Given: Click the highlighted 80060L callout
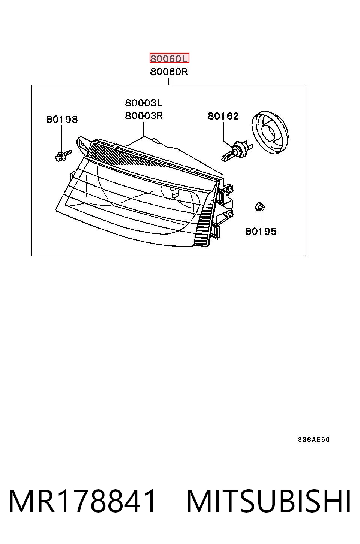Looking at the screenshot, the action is [x=169, y=58].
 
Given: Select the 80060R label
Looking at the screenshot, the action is [x=169, y=72].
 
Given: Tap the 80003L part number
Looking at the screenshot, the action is [x=143, y=103].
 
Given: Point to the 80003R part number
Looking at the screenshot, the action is [x=144, y=116].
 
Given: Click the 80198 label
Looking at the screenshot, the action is [x=62, y=119].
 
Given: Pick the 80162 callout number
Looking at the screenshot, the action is [x=223, y=116].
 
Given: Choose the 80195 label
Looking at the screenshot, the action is [x=261, y=231].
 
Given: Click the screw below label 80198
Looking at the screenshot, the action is [x=63, y=155].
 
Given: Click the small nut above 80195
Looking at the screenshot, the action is [x=260, y=207].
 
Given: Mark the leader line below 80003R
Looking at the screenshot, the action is [x=144, y=129].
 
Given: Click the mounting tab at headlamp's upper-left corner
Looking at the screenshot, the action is [x=82, y=145].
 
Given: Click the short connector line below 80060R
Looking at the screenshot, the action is [x=168, y=81].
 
